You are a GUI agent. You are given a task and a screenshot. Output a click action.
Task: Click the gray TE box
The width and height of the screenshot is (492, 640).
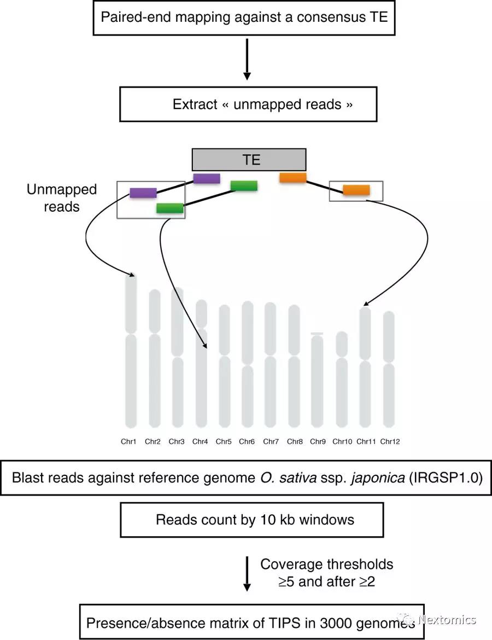tap(249, 160)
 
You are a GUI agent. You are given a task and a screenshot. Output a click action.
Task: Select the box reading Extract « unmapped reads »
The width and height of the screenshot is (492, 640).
tap(248, 104)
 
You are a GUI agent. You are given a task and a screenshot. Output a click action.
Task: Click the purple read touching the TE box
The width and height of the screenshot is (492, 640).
tap(207, 178)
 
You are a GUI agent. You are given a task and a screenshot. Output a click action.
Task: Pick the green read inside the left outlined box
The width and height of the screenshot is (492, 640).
tap(170, 208)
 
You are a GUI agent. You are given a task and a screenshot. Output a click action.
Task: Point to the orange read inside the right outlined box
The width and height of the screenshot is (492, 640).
tap(356, 190)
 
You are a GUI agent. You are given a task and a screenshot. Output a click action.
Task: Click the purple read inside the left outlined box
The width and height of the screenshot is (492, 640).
tap(143, 193)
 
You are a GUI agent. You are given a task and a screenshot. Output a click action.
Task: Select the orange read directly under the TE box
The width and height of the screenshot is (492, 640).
tap(292, 177)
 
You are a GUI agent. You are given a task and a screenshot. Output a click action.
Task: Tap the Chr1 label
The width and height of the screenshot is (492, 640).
tap(128, 441)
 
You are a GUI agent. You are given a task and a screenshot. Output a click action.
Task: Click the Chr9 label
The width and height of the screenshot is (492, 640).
tap(318, 441)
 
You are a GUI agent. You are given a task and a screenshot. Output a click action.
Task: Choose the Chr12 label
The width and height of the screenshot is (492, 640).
tap(390, 441)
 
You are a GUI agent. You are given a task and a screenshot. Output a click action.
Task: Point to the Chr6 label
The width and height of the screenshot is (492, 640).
tap(247, 441)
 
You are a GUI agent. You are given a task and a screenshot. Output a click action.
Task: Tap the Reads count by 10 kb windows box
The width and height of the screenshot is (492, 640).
tap(251, 519)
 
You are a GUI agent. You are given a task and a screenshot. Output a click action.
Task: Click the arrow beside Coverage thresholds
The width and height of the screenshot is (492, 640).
tap(247, 573)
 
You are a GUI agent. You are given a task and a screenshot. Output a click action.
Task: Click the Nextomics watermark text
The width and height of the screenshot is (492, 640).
tap(447, 620)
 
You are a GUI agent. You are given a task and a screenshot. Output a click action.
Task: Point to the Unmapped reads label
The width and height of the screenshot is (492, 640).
tap(61, 198)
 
